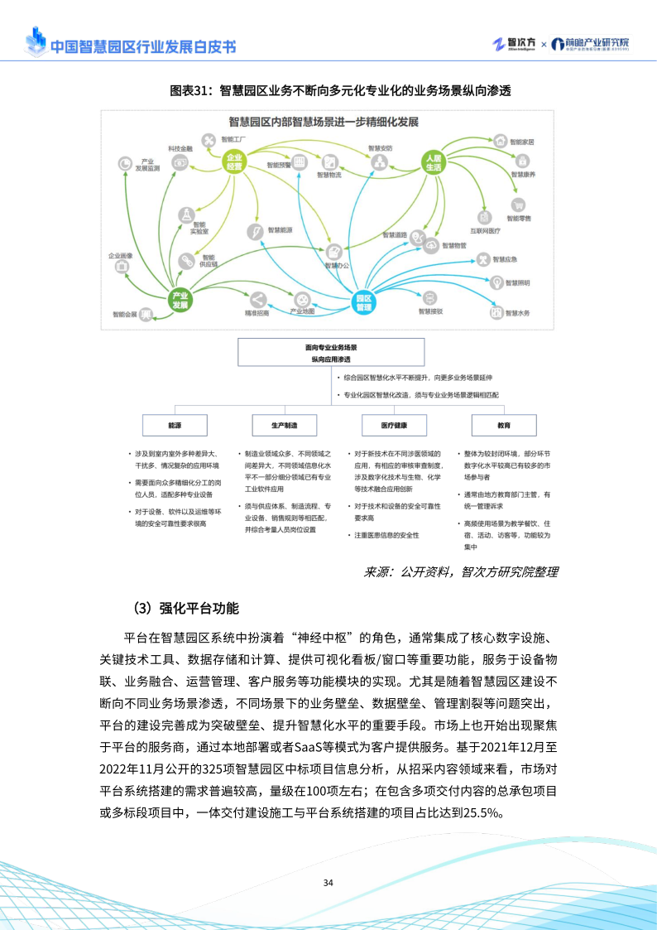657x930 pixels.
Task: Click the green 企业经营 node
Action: [x=234, y=161]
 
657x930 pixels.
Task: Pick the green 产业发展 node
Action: [x=180, y=300]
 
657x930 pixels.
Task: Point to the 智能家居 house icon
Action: [x=498, y=142]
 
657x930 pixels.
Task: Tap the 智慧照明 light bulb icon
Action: [x=496, y=283]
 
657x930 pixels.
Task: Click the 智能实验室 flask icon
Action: [x=187, y=214]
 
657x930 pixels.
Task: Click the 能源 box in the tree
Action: [x=175, y=425]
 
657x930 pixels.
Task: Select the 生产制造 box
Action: [x=284, y=425]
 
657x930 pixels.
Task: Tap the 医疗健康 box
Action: [x=394, y=425]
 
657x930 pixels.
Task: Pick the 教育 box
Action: [x=504, y=425]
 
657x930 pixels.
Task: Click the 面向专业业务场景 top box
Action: [x=331, y=352]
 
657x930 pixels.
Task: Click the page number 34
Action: [x=328, y=883]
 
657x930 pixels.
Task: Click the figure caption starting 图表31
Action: [x=328, y=90]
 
